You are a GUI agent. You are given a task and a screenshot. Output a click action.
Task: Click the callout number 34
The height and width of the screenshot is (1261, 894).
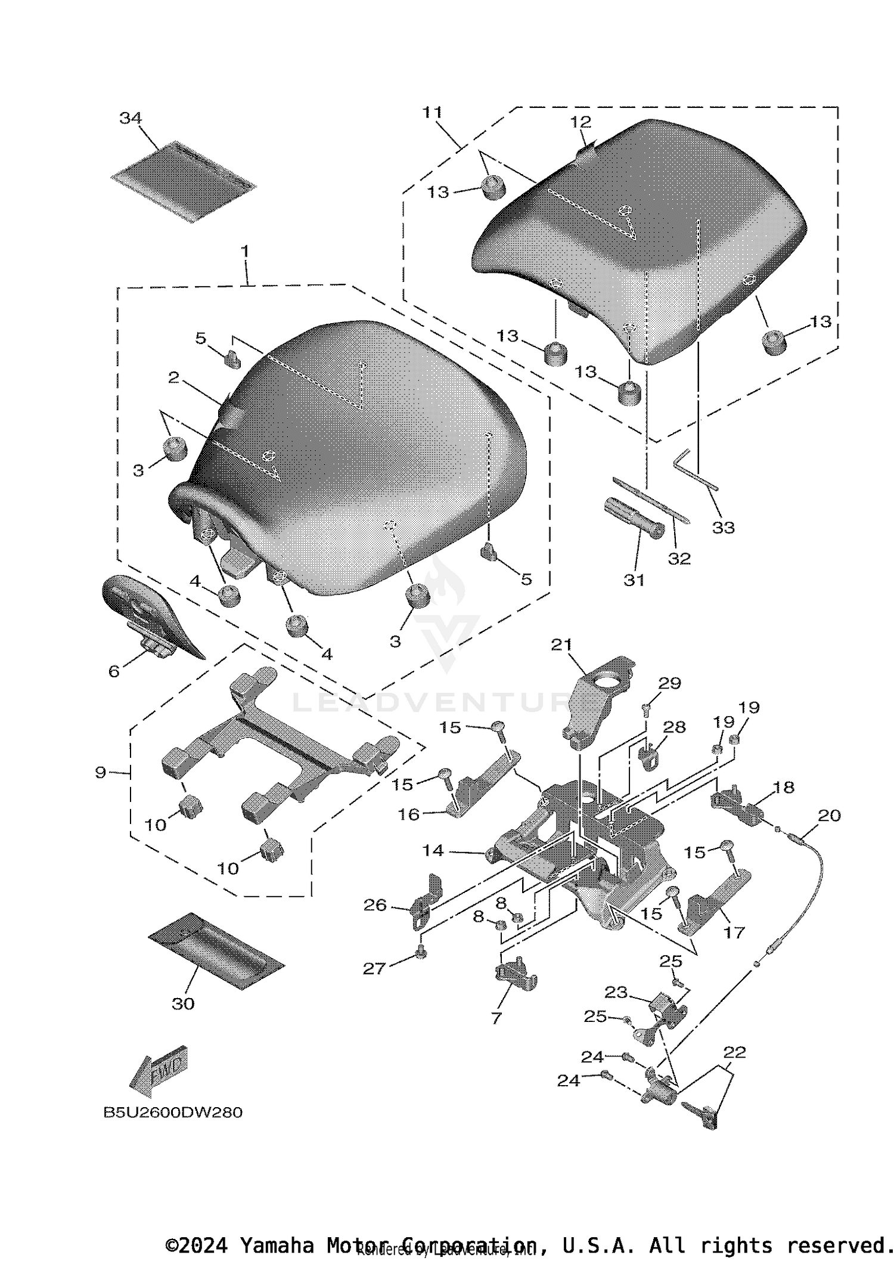pyautogui.click(x=131, y=118)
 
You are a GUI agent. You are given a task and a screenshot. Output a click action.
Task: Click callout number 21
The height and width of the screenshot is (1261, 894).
pyautogui.click(x=561, y=645)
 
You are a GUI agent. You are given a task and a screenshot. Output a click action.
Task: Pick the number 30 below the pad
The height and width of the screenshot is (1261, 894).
pyautogui.click(x=183, y=1004)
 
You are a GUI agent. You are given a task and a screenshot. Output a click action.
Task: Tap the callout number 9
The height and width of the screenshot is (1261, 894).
pyautogui.click(x=100, y=773)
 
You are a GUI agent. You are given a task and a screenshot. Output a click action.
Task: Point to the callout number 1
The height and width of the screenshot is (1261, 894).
pyautogui.click(x=244, y=251)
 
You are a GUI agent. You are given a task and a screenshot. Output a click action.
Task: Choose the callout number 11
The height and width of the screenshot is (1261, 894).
pyautogui.click(x=432, y=112)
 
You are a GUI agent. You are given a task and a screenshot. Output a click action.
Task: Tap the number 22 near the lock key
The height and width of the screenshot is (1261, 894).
pyautogui.click(x=734, y=1052)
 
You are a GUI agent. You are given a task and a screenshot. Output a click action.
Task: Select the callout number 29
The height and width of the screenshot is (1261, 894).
pyautogui.click(x=669, y=683)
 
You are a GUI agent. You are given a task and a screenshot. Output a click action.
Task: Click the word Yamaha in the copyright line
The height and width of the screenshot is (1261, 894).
pyautogui.click(x=276, y=1245)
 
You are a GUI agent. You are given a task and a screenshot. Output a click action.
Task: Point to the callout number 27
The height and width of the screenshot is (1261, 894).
pyautogui.click(x=374, y=969)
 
